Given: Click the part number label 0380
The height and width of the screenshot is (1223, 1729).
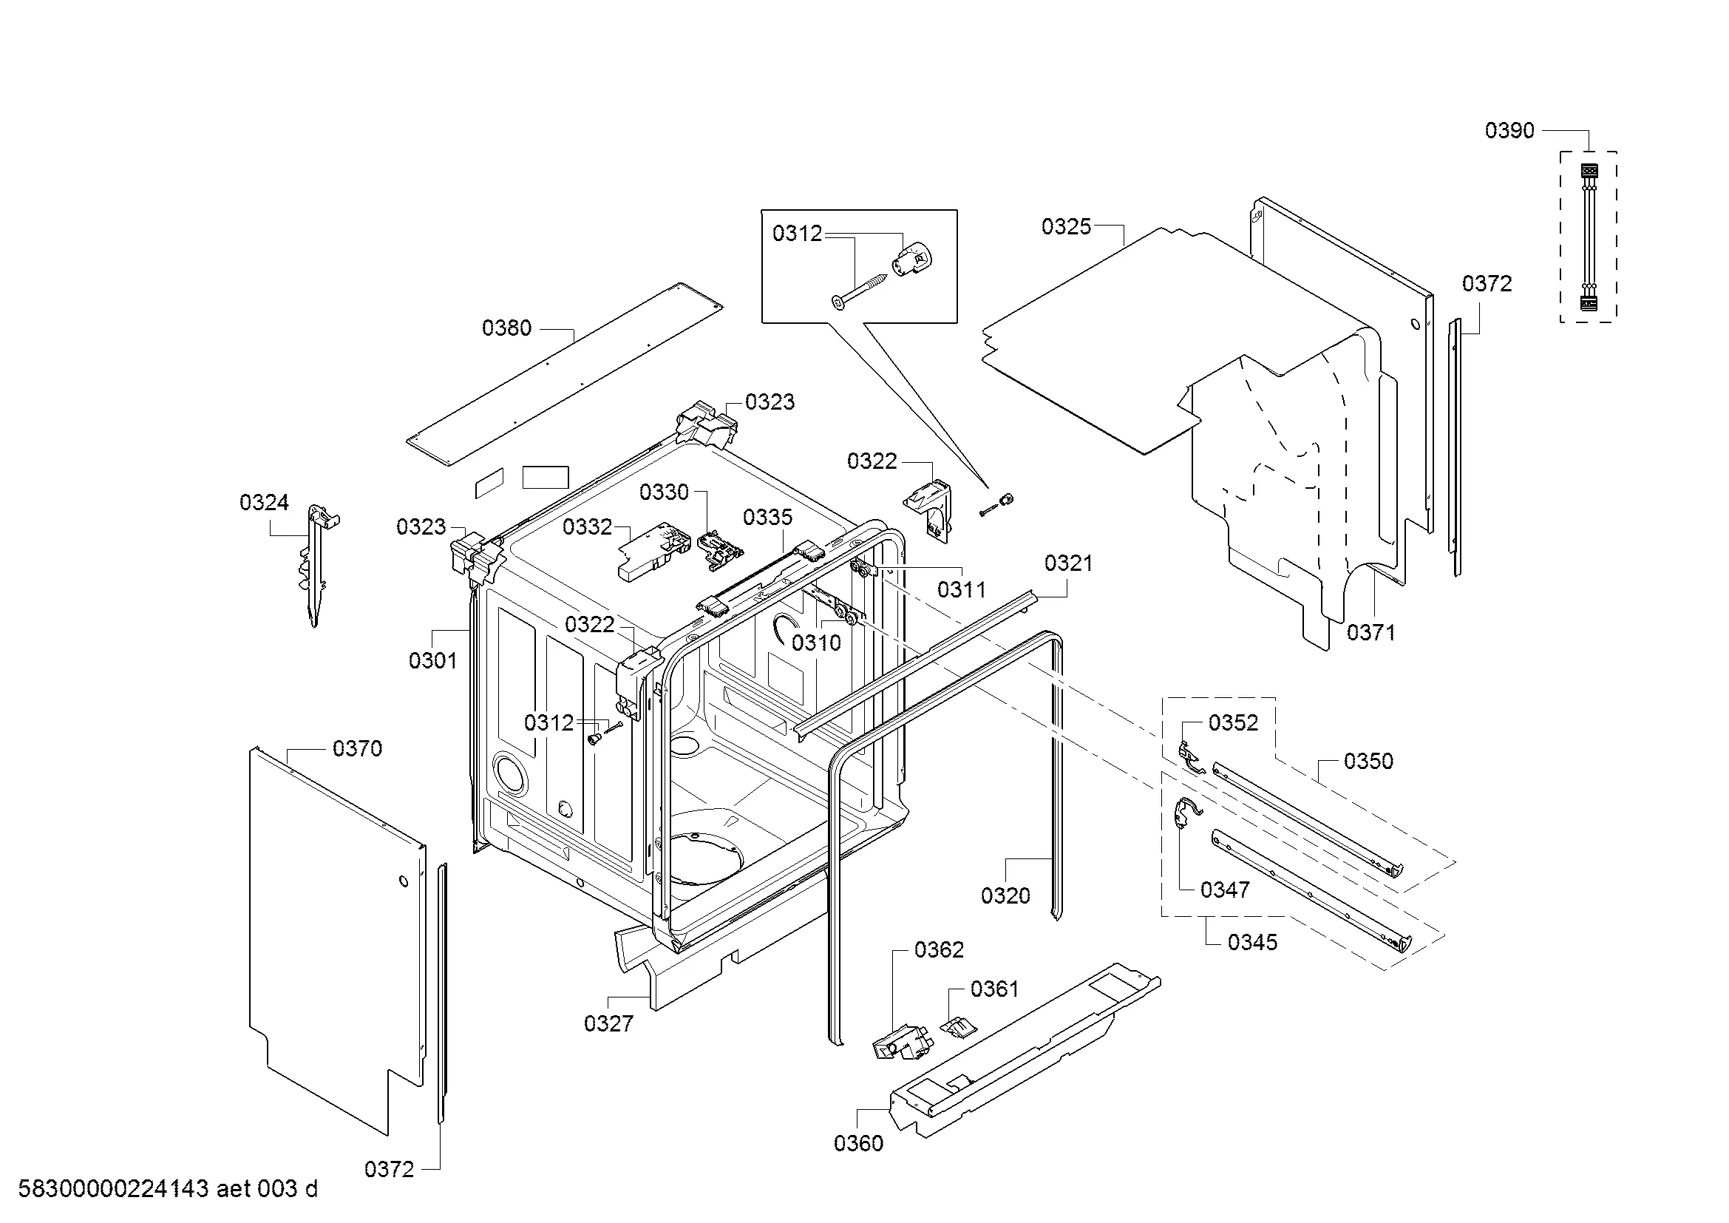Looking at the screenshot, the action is click(507, 328).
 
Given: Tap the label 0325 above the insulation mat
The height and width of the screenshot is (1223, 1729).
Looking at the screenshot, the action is click(1067, 226).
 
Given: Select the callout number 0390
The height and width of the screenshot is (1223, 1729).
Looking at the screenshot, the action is click(1509, 130).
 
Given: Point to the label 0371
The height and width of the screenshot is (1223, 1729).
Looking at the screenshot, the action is click(1371, 633).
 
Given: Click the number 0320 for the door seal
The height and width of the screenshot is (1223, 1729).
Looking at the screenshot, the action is click(1005, 895).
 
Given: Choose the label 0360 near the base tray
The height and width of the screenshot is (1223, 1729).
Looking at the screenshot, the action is click(858, 1143).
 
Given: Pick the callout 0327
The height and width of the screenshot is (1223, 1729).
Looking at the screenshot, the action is click(608, 1023).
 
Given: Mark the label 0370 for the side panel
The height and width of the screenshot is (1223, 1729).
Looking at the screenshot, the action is click(358, 748).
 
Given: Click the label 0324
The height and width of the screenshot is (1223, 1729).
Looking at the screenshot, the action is click(265, 502).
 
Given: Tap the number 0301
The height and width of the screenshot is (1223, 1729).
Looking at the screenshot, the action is click(433, 660).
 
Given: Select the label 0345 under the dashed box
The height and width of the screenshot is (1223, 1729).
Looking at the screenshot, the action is click(1252, 942).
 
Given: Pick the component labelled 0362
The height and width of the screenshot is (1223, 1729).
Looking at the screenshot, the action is click(902, 1043).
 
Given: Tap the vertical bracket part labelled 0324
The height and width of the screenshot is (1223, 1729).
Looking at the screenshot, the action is click(319, 565).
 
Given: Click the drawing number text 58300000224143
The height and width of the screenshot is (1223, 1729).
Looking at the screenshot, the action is click(113, 1189).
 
